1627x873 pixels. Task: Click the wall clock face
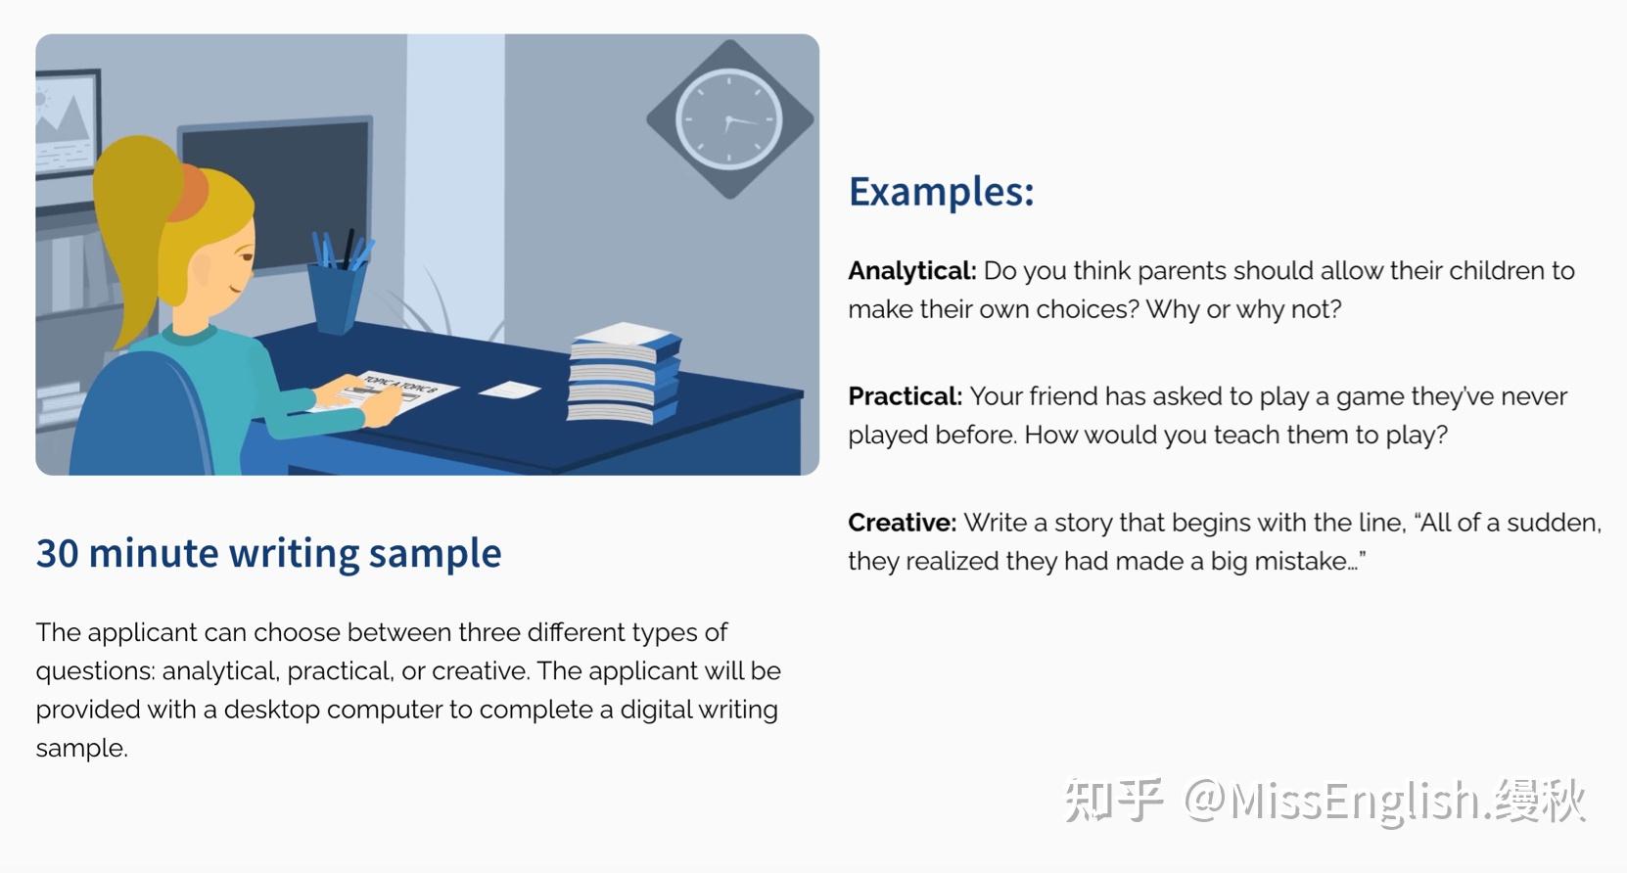[728, 119]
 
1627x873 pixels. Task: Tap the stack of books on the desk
[624, 374]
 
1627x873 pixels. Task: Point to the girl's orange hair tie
[188, 193]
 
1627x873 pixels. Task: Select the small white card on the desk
[510, 391]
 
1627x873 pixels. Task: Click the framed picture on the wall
[67, 123]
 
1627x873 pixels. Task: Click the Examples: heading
[942, 193]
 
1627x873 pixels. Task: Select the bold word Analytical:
[912, 271]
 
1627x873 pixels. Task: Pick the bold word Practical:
[905, 396]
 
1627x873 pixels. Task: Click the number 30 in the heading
[58, 553]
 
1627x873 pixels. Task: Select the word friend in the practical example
[1068, 396]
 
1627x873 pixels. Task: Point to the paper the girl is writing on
[385, 392]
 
